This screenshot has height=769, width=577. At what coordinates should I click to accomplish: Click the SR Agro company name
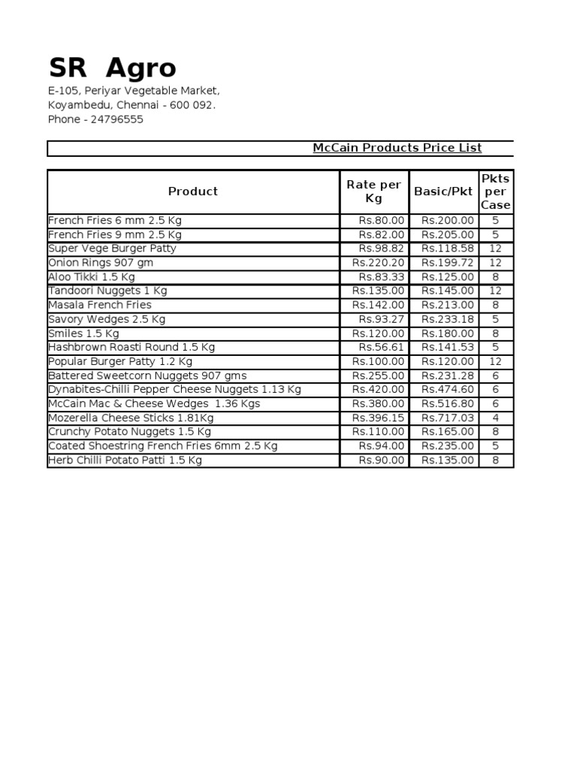[x=112, y=68]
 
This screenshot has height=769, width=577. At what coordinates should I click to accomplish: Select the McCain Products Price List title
[x=397, y=148]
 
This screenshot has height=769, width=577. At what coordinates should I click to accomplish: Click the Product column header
[x=193, y=191]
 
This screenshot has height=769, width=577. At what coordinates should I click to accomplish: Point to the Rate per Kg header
[x=373, y=191]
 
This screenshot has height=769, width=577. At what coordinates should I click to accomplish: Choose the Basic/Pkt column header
[x=443, y=191]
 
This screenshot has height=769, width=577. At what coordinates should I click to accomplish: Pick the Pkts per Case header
[x=495, y=191]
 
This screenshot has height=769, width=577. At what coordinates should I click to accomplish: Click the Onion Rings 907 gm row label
[x=100, y=263]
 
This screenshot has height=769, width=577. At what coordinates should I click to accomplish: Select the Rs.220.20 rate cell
[x=378, y=263]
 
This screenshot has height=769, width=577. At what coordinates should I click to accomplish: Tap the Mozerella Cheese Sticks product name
[x=131, y=418]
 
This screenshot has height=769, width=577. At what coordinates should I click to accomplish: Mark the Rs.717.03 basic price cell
[x=448, y=418]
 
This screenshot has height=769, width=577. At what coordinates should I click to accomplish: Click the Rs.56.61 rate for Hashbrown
[x=382, y=347]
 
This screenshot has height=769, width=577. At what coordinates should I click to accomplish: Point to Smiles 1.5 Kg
[x=83, y=333]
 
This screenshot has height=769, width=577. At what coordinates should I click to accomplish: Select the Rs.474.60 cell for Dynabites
[x=448, y=390]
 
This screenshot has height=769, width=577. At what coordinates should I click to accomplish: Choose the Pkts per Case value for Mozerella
[x=495, y=418]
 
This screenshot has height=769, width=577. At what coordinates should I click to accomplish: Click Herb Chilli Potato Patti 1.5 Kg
[x=125, y=460]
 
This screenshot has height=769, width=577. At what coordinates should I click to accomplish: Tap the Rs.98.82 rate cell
[x=382, y=249]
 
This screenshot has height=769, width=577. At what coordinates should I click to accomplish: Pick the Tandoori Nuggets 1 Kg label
[x=107, y=291]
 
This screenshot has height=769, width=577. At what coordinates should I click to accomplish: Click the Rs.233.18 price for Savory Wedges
[x=448, y=319]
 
